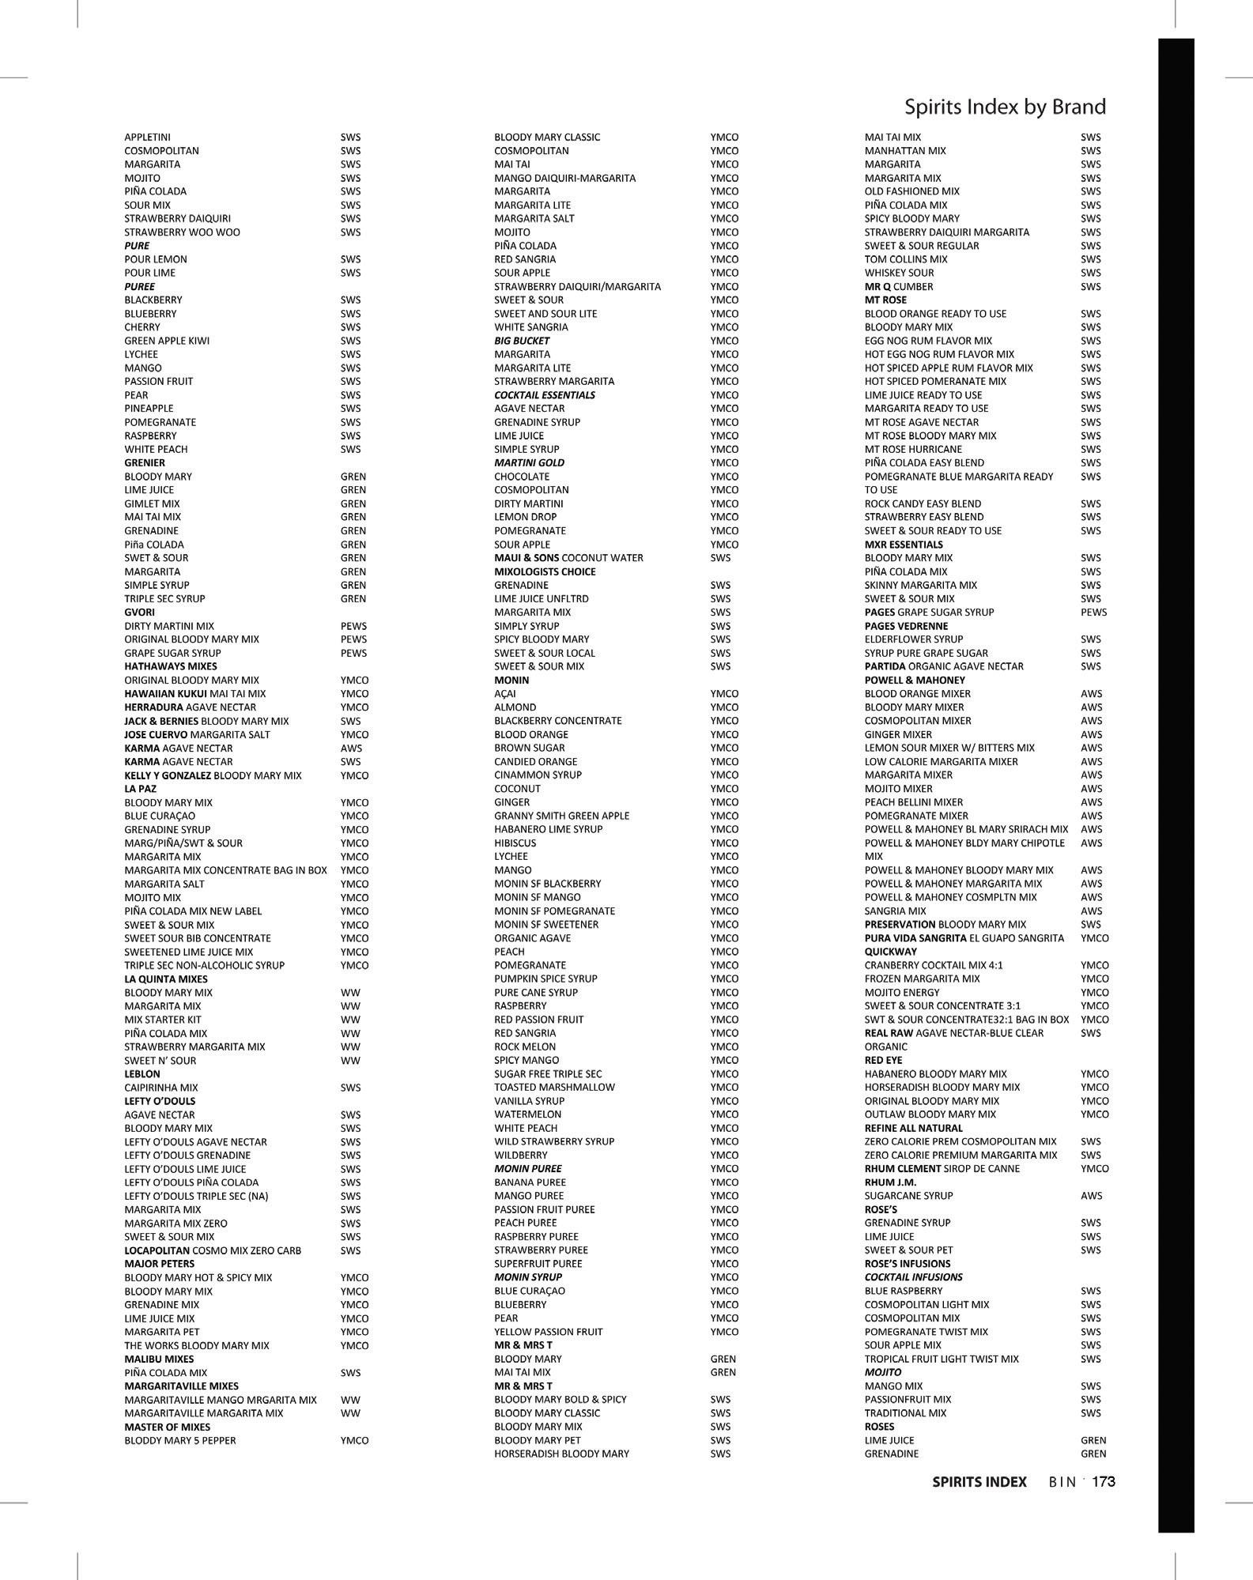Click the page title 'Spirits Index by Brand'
[x=1004, y=107]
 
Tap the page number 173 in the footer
[x=1103, y=1482]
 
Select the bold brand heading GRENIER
[x=145, y=463]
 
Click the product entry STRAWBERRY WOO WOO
[x=182, y=232]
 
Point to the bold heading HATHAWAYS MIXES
[x=170, y=666]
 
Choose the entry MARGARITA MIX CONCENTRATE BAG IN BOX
[x=225, y=870]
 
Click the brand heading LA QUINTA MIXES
[x=165, y=979]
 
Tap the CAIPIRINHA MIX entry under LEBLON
[x=161, y=1088]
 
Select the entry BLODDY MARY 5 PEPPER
[x=179, y=1440]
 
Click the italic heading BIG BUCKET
[x=522, y=341]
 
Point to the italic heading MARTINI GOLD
[x=529, y=463]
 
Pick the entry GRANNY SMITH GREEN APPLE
[x=561, y=816]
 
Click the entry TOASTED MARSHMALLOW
[x=554, y=1087]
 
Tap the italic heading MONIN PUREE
[x=527, y=1168]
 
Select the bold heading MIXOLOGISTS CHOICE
[x=545, y=571]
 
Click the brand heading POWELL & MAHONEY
[x=914, y=680]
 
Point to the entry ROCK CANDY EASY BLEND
[x=923, y=503]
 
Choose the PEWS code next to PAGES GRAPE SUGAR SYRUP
[x=1093, y=613]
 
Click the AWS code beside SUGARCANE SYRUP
[x=1091, y=1196]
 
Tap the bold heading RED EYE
[x=883, y=1060]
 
